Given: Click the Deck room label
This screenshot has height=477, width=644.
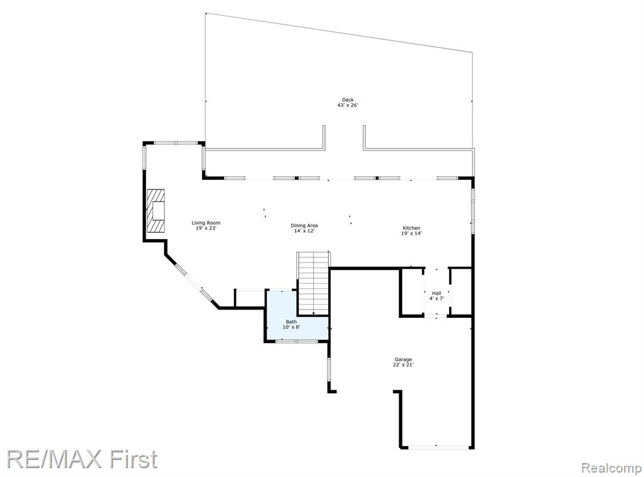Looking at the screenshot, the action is [348, 100].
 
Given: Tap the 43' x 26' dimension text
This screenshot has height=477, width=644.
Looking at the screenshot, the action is [348, 105].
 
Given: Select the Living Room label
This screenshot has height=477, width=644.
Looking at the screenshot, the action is [206, 223].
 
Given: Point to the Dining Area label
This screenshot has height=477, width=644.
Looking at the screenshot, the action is [304, 225].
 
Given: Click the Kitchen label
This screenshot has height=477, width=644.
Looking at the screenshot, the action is [411, 228].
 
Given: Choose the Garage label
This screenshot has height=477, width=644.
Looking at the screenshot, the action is [403, 359].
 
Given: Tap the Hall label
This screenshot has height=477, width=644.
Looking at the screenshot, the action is [436, 293].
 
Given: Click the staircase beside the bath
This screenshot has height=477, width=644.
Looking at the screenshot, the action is [313, 283].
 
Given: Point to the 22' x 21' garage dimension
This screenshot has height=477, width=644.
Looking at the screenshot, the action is [403, 365].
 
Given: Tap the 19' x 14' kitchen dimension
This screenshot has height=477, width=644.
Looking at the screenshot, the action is [411, 233].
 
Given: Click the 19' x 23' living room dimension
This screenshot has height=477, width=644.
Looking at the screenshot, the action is [206, 228].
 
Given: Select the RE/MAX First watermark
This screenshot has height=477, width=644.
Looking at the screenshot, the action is [82, 459].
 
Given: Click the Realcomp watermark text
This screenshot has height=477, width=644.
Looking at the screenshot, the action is [611, 468].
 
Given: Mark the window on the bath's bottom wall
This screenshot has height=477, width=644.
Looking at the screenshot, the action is [296, 341].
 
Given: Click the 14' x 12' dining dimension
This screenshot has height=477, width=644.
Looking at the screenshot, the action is [304, 231].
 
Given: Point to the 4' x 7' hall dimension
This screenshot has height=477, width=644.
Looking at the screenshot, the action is [436, 298].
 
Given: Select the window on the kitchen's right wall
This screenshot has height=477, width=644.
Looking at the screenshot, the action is [473, 211].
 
